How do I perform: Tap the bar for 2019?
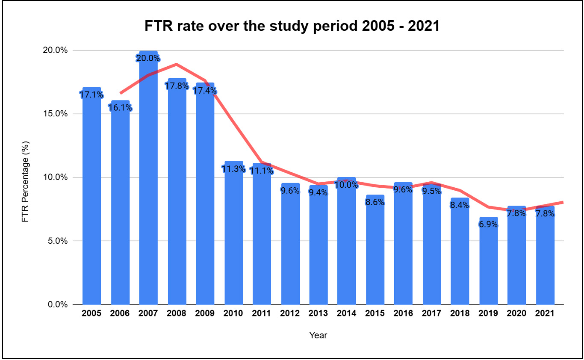[488, 265]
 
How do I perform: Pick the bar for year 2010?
[233, 235]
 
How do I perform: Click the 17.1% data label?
[91, 94]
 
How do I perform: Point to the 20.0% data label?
[148, 58]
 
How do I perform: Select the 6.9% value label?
[488, 224]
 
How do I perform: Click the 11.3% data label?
[233, 168]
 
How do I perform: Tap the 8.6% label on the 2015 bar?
[375, 203]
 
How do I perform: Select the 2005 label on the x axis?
[91, 313]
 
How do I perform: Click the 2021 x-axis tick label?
[545, 313]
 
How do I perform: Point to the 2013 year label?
[318, 313]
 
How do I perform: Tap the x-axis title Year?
[318, 335]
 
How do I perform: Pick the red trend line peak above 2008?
[176, 65]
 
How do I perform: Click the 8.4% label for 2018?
[460, 205]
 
